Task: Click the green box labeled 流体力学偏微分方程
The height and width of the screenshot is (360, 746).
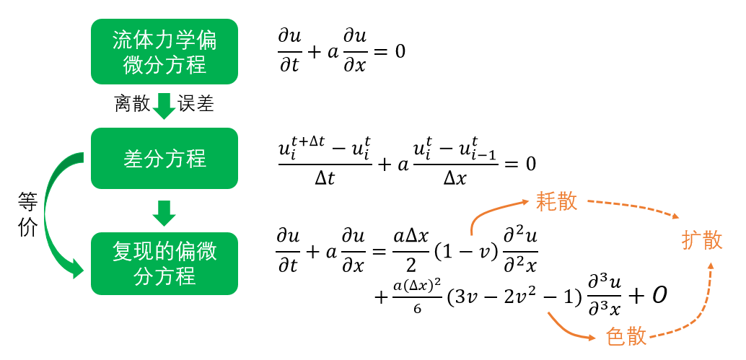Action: click(x=164, y=51)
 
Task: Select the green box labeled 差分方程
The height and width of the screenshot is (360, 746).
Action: click(x=164, y=159)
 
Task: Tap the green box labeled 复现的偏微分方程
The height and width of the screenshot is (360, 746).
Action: click(x=164, y=263)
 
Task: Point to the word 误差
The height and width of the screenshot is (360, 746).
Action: click(x=196, y=103)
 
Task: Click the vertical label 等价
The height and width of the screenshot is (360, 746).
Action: click(x=27, y=215)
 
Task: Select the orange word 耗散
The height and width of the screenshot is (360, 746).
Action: click(x=557, y=201)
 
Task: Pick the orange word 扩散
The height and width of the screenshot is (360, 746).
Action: click(x=702, y=241)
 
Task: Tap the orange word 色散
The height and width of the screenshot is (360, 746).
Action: click(x=626, y=337)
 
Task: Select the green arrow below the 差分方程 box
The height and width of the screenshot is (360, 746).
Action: click(x=164, y=213)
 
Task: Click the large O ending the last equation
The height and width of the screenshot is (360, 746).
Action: click(x=658, y=297)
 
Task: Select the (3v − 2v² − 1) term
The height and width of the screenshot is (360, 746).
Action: click(x=514, y=297)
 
